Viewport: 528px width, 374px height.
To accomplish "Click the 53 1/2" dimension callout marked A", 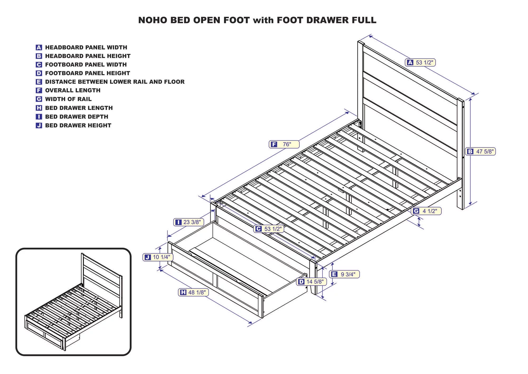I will tap(420, 63).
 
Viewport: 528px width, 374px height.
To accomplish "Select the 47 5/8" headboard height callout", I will tap(480, 151).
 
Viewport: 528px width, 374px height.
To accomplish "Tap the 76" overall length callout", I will tap(284, 144).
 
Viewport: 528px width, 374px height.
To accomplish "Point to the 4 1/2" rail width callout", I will tap(426, 211).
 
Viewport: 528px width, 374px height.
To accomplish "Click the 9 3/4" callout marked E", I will tap(344, 274).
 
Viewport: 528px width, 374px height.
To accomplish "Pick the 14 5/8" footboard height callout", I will tap(311, 282).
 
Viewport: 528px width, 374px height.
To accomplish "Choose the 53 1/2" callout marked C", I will tap(269, 229).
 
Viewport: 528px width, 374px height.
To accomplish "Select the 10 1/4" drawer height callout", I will tap(158, 257).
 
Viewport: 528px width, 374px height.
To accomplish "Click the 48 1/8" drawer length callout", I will tap(194, 292).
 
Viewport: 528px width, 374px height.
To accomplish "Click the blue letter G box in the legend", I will tap(39, 99).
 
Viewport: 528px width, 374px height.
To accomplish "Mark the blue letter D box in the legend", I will tap(39, 73).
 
